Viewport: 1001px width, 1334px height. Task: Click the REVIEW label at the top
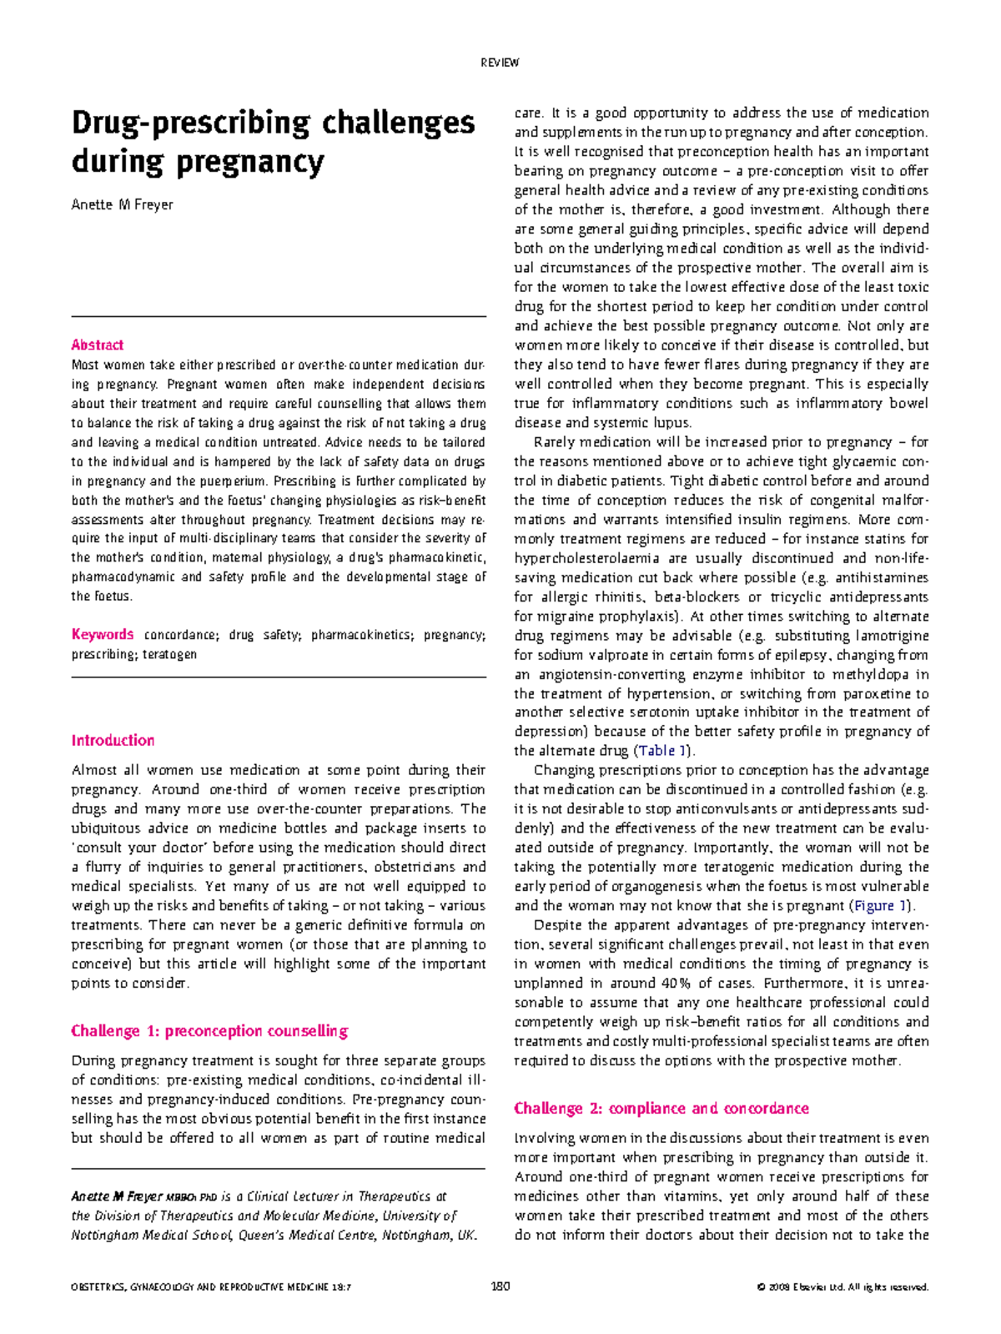pyautogui.click(x=500, y=63)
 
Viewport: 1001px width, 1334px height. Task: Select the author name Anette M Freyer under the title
pyautogui.click(x=122, y=205)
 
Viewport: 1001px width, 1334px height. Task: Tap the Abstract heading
pyautogui.click(x=97, y=345)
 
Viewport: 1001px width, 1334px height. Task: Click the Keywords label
pyautogui.click(x=102, y=635)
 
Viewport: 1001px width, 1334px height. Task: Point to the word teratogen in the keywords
pyautogui.click(x=169, y=654)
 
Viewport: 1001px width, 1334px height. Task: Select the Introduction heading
pyautogui.click(x=113, y=741)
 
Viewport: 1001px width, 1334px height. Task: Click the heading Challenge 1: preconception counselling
pyautogui.click(x=209, y=1031)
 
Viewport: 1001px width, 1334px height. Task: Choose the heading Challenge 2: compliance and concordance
pyautogui.click(x=661, y=1109)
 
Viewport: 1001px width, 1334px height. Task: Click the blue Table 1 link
pyautogui.click(x=661, y=751)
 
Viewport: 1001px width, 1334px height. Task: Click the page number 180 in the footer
pyautogui.click(x=500, y=1286)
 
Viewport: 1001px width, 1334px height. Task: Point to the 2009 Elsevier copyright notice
pyautogui.click(x=843, y=1287)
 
